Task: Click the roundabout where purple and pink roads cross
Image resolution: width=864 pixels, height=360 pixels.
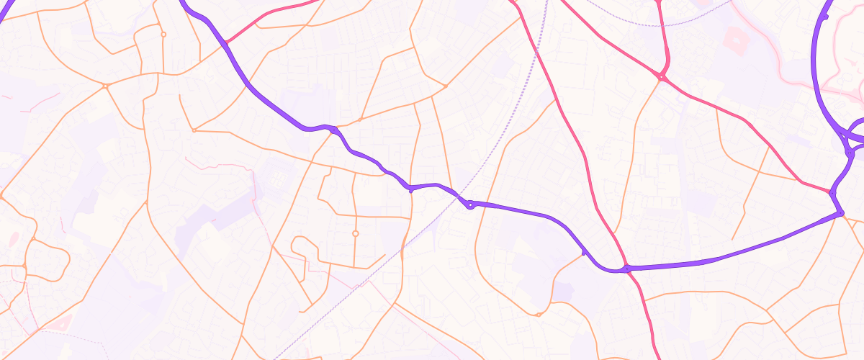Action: (x=627, y=269)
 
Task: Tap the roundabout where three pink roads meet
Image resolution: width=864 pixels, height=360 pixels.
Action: (x=660, y=76)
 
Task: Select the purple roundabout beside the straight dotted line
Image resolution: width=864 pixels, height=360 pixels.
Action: (x=470, y=205)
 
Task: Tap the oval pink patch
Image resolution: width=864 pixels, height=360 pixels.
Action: (x=13, y=238)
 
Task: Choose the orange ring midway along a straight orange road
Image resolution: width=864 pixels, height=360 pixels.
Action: (x=355, y=233)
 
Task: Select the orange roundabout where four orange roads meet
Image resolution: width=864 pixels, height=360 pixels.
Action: (x=106, y=86)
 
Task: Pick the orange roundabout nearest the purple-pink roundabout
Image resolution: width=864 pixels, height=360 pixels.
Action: (x=539, y=315)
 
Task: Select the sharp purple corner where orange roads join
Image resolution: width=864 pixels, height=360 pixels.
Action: (x=841, y=213)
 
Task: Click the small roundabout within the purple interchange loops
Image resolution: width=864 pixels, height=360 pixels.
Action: (x=850, y=153)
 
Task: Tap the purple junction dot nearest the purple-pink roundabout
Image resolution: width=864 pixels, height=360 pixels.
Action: (x=583, y=253)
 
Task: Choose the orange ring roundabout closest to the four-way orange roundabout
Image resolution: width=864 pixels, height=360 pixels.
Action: (x=163, y=34)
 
